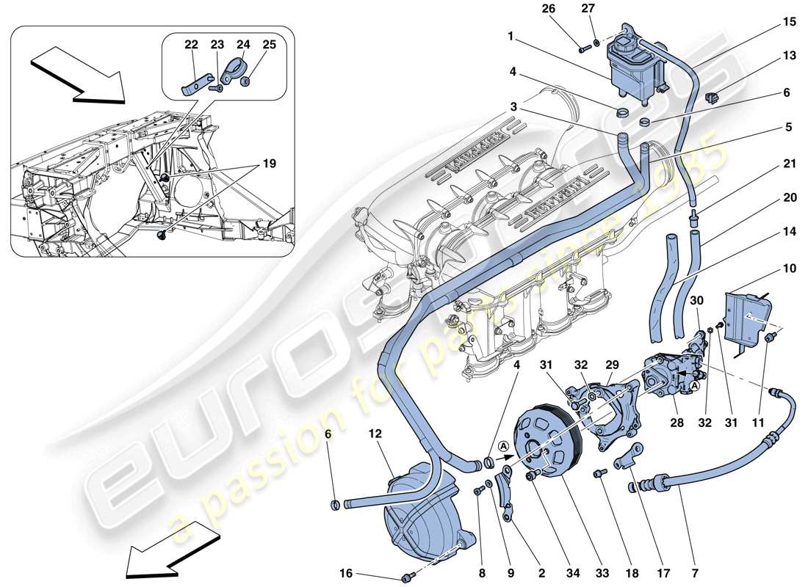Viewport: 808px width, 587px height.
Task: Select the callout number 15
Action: [768, 22]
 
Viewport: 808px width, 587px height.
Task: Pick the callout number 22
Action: [192, 44]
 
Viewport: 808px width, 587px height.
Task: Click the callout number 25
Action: [269, 44]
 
